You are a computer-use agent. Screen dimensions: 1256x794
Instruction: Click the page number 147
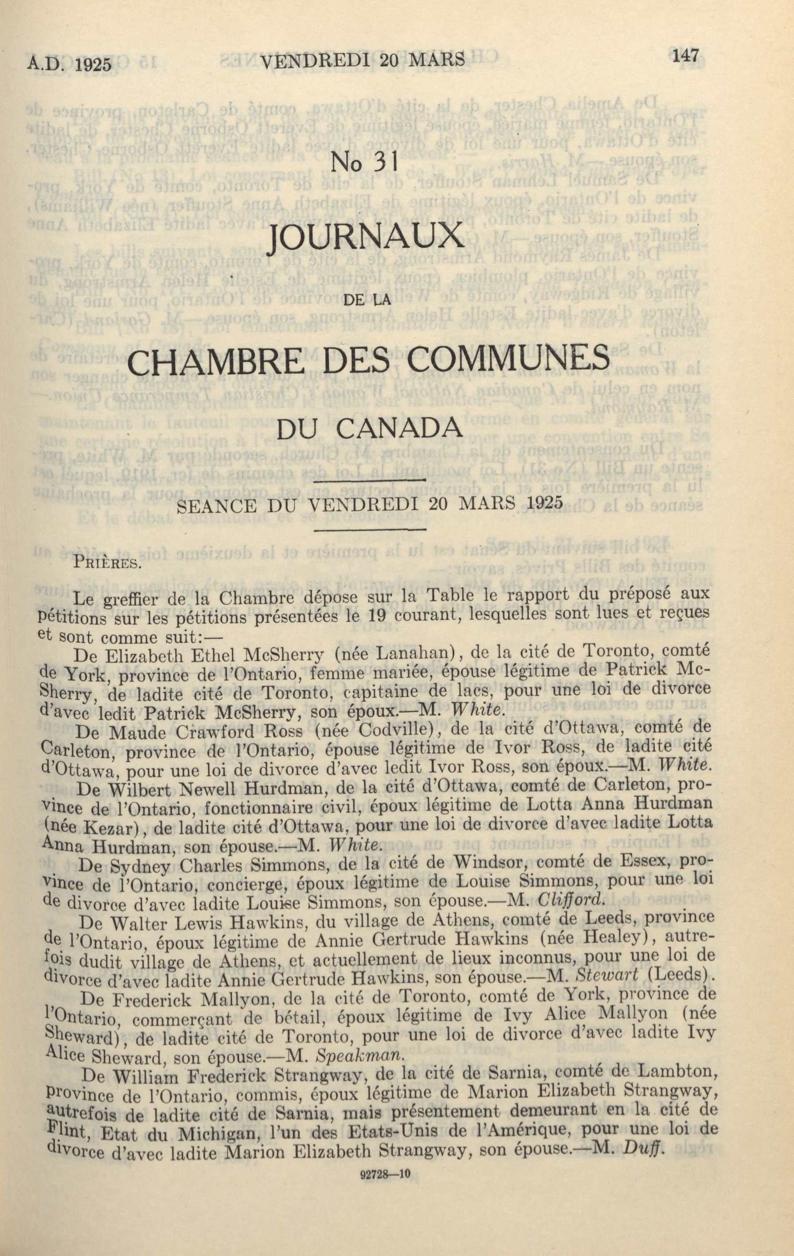coord(685,56)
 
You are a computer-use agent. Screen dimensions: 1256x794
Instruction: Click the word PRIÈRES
coord(107,563)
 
